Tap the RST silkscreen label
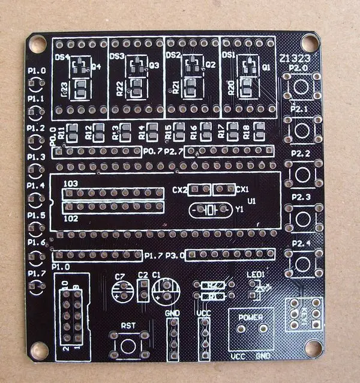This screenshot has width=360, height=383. [x=128, y=325]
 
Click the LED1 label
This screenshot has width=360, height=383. [x=256, y=276]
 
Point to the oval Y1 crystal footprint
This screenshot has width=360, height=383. [x=208, y=211]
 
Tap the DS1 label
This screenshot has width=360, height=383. [x=229, y=55]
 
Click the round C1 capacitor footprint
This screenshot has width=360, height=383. [x=164, y=294]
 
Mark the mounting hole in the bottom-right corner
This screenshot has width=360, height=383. [x=313, y=349]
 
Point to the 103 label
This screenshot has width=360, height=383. [x=70, y=182]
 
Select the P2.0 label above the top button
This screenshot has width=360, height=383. [x=298, y=68]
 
